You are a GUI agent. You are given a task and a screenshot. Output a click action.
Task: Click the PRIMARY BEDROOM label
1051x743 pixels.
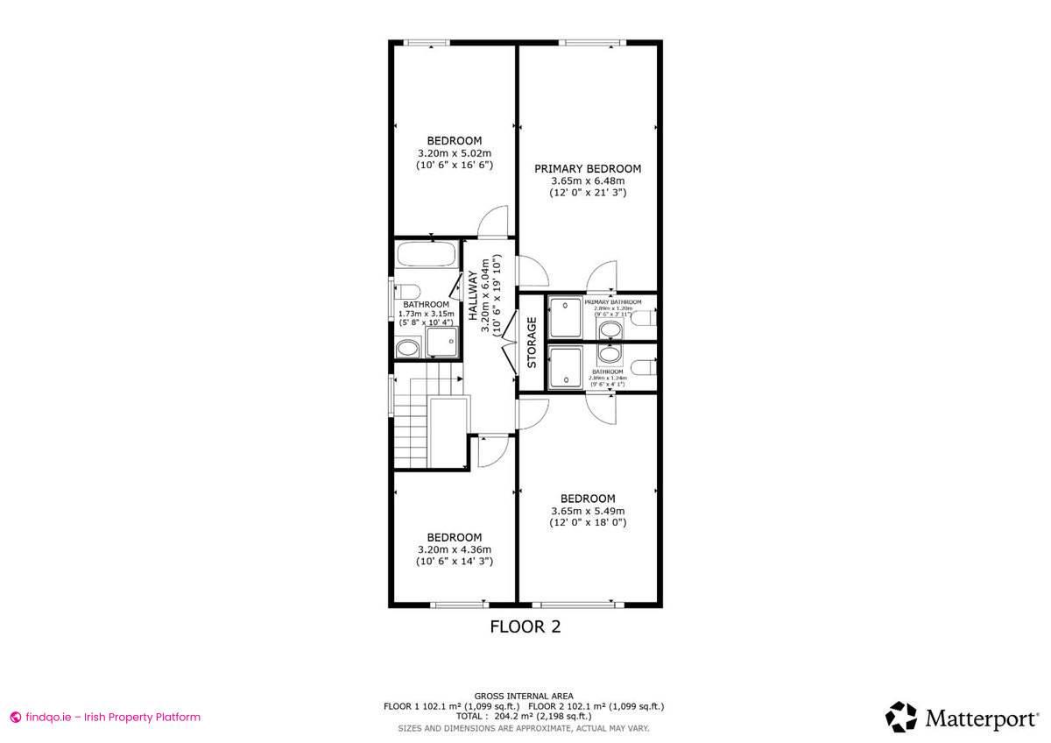[x=588, y=169]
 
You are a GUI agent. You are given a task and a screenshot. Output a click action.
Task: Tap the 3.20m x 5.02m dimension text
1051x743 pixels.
[x=455, y=152]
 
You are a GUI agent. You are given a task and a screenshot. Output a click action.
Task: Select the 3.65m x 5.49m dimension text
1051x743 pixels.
[x=588, y=511]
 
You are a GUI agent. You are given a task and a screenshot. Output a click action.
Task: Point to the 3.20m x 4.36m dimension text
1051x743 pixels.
[x=455, y=549]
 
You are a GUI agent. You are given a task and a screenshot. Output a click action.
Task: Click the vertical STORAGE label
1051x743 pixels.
[x=532, y=342]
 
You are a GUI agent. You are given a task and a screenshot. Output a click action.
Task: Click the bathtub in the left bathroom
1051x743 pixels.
[x=426, y=256]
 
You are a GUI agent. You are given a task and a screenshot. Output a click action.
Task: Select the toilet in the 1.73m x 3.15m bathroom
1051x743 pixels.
[x=407, y=292]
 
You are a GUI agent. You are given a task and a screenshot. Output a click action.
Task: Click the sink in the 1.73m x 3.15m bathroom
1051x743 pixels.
[x=406, y=350]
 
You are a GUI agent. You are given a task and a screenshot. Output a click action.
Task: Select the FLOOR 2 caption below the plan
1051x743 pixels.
[x=524, y=626]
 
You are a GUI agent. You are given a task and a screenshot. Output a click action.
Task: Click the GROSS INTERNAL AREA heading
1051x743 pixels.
[x=524, y=694]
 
